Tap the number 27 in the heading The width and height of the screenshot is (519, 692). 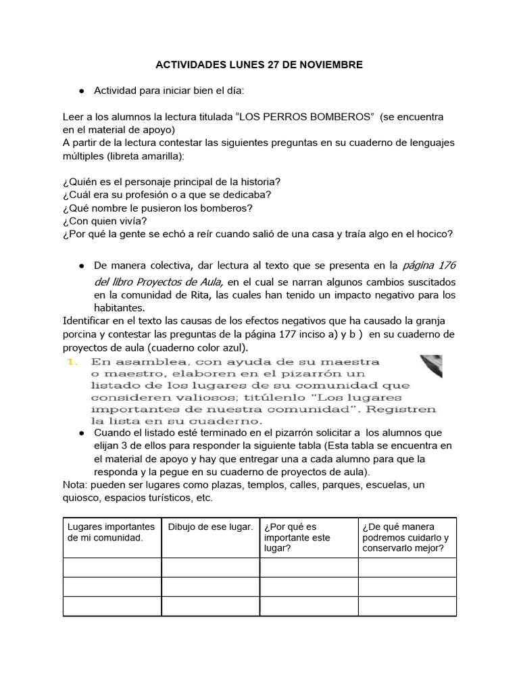pos(266,65)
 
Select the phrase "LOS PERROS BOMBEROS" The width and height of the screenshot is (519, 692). pos(305,117)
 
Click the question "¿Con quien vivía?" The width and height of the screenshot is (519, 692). pos(105,220)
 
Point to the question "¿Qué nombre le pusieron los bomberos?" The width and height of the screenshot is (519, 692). pos(157,207)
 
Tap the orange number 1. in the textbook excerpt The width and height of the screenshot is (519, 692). pos(72,362)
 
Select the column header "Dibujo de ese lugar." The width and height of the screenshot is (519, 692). pos(210,526)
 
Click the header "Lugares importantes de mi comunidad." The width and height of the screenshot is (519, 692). pos(112,532)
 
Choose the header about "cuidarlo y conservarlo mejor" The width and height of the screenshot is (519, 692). pos(405,537)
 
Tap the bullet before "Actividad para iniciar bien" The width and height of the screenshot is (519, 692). pos(81,91)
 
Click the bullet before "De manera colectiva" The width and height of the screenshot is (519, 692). pos(81,266)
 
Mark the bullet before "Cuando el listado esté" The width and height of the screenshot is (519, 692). pos(81,432)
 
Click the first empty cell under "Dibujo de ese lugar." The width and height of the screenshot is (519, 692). pos(210,567)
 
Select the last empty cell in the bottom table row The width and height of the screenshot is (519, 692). pos(407,606)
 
